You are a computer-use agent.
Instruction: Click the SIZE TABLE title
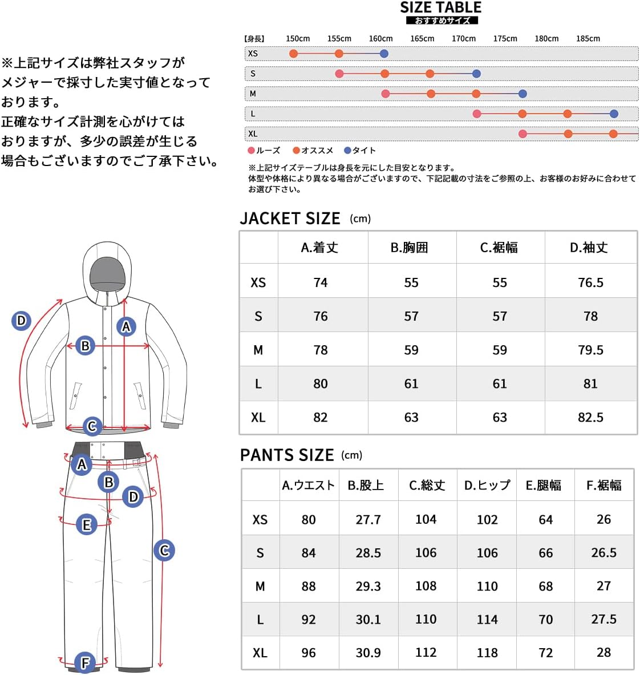[440, 8]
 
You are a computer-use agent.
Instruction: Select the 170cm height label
[463, 39]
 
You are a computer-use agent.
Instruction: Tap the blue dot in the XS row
[384, 54]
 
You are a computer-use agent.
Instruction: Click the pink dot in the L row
[477, 114]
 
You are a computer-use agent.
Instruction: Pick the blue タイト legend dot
[347, 151]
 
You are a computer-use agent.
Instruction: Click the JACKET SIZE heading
[290, 219]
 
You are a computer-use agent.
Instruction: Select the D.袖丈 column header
[589, 248]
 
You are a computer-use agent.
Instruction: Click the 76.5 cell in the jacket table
[590, 282]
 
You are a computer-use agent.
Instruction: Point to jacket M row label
[258, 350]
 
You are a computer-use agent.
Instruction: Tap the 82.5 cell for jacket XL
[590, 418]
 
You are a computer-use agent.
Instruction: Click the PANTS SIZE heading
[286, 455]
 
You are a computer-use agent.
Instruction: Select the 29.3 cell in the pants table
[368, 587]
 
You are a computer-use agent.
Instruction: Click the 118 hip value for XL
[487, 653]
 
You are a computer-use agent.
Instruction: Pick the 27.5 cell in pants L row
[603, 620]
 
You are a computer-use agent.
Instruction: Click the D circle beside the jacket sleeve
[21, 321]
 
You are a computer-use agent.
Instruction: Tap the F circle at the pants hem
[85, 662]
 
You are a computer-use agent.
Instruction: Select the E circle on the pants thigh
[87, 525]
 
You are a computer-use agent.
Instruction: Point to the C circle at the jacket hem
[92, 426]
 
